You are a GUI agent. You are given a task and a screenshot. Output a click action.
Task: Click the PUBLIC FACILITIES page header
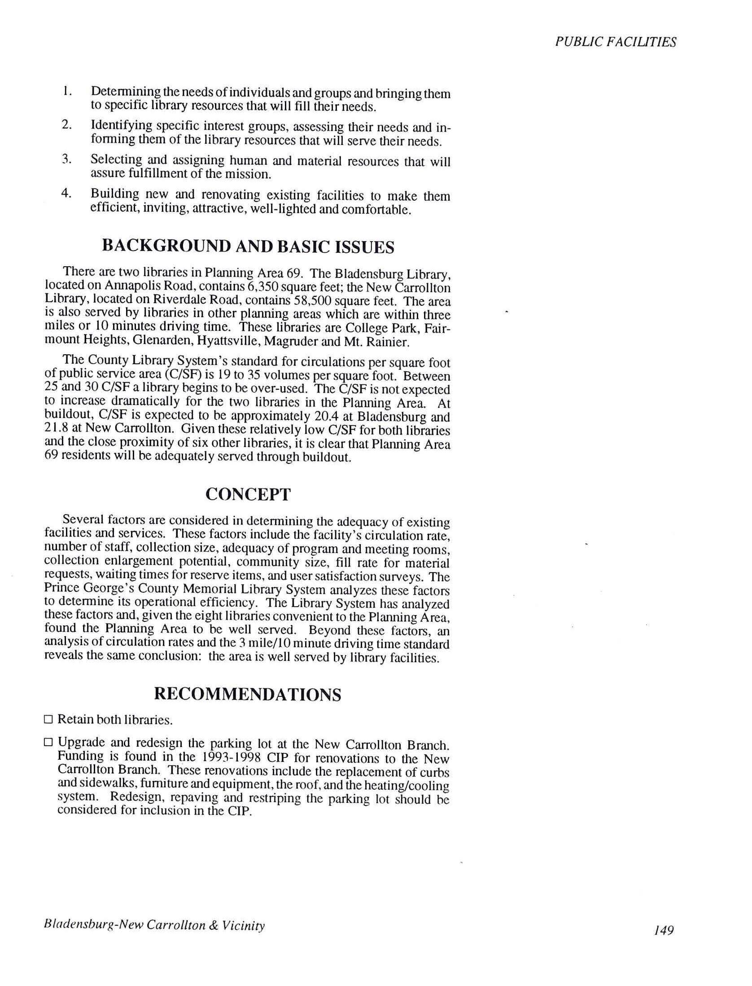tap(615, 42)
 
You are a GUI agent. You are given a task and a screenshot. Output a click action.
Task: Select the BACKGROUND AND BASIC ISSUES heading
tap(248, 246)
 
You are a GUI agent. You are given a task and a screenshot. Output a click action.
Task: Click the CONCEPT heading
tap(248, 494)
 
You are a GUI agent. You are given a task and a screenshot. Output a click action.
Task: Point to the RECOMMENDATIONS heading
tap(248, 694)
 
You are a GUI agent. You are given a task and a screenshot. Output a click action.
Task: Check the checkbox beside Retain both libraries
tap(48, 720)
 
